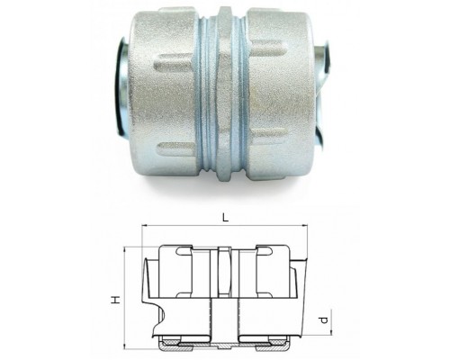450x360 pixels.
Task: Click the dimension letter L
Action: [225, 218]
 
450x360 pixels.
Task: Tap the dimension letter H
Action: [116, 300]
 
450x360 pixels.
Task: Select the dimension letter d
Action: [323, 320]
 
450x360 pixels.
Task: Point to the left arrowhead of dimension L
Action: [144, 224]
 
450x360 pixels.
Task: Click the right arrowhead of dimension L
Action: [305, 224]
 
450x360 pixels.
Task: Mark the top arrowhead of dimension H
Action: [124, 250]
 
